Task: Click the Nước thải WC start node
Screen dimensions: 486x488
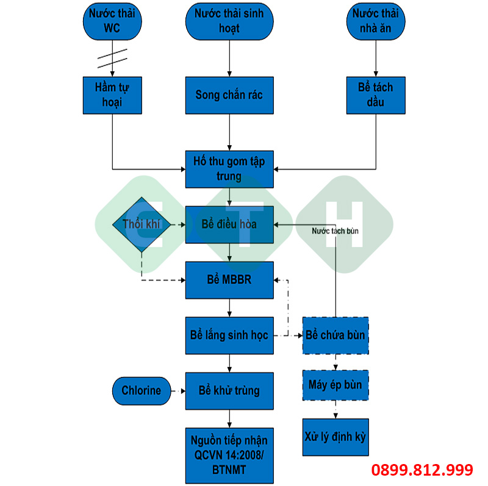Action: pyautogui.click(x=112, y=21)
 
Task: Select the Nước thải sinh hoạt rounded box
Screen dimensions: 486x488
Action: pyautogui.click(x=229, y=21)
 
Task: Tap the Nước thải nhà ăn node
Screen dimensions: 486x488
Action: pyautogui.click(x=376, y=21)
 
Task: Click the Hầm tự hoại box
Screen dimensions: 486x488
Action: pyautogui.click(x=112, y=95)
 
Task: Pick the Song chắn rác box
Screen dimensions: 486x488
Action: pyautogui.click(x=229, y=95)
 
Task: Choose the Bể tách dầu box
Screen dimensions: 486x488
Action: pyautogui.click(x=376, y=95)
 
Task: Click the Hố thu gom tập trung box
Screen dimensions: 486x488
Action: pyautogui.click(x=229, y=168)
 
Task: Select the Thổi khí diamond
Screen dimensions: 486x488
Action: pyautogui.click(x=141, y=224)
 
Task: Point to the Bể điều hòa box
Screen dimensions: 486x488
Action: pyautogui.click(x=229, y=224)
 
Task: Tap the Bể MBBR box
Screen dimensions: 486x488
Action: pyautogui.click(x=229, y=280)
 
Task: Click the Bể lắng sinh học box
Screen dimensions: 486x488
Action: pyautogui.click(x=229, y=335)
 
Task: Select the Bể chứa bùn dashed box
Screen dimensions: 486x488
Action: pyautogui.click(x=335, y=335)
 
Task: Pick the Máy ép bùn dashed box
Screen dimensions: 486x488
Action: pyautogui.click(x=335, y=385)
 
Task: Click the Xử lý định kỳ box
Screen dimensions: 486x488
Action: pyautogui.click(x=335, y=437)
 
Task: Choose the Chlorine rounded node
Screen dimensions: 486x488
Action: pyautogui.click(x=142, y=391)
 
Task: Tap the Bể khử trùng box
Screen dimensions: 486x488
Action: pyautogui.click(x=229, y=391)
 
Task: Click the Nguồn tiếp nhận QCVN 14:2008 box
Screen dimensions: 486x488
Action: pyautogui.click(x=229, y=454)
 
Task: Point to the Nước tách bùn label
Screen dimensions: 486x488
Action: pyautogui.click(x=335, y=232)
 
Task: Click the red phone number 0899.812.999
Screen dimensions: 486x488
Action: pyautogui.click(x=423, y=470)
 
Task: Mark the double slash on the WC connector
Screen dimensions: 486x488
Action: pyautogui.click(x=112, y=57)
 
